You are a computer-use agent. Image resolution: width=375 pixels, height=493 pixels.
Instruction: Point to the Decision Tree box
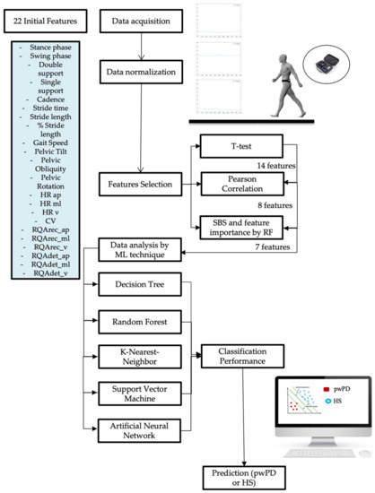pos(139,286)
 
